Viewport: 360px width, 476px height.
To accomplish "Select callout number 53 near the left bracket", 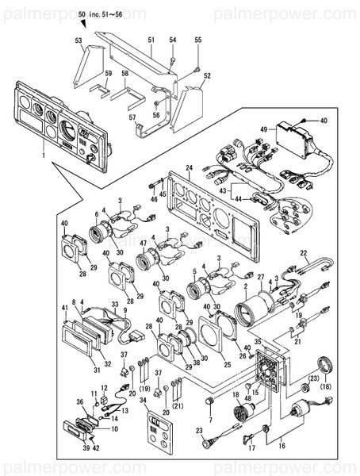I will (79, 40).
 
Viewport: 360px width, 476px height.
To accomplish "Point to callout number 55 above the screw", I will (198, 40).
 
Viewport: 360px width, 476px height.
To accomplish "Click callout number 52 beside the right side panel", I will (207, 76).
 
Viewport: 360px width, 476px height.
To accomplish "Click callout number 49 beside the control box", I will (263, 129).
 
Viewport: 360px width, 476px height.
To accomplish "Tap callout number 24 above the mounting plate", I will (189, 167).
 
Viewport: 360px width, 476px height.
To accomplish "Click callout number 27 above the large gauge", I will (259, 277).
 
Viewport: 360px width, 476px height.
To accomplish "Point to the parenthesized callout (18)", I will (325, 388).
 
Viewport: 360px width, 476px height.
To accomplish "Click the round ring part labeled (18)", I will (324, 365).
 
